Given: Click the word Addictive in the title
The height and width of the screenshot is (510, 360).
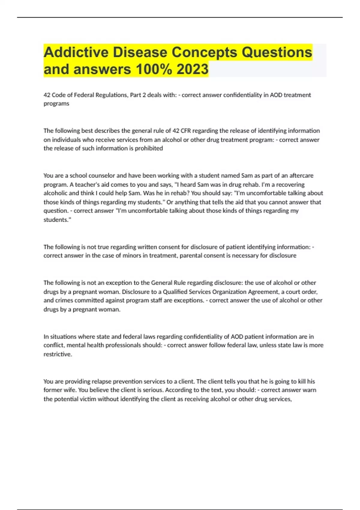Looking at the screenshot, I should pyautogui.click(x=76, y=52).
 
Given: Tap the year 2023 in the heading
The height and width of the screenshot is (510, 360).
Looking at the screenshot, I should pyautogui.click(x=192, y=69).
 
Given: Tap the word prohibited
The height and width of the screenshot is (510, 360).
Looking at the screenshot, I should pyautogui.click(x=149, y=148).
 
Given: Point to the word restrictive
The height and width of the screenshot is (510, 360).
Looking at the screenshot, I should pyautogui.click(x=58, y=354).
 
